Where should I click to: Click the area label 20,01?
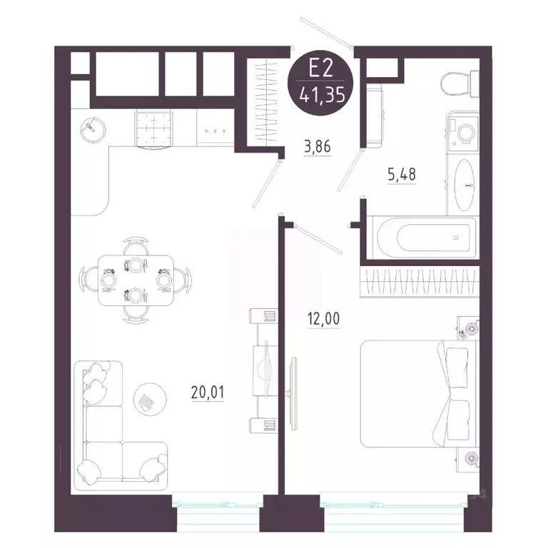point(208,392)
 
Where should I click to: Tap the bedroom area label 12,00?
point(323,319)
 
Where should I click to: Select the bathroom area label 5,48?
point(402,174)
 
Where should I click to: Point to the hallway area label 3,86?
point(318,147)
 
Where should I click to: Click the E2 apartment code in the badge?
point(320,68)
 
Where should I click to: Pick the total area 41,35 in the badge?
point(323,95)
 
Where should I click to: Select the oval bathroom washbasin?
point(465,185)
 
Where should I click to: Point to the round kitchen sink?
point(93,129)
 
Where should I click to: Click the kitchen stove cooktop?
point(153,129)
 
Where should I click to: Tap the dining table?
point(136,280)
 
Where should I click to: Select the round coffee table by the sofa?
point(150,399)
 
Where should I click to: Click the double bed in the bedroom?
point(418,394)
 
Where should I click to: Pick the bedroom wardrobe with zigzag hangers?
point(420,283)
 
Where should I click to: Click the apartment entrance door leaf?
point(326,32)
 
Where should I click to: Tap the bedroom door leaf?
point(318,238)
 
